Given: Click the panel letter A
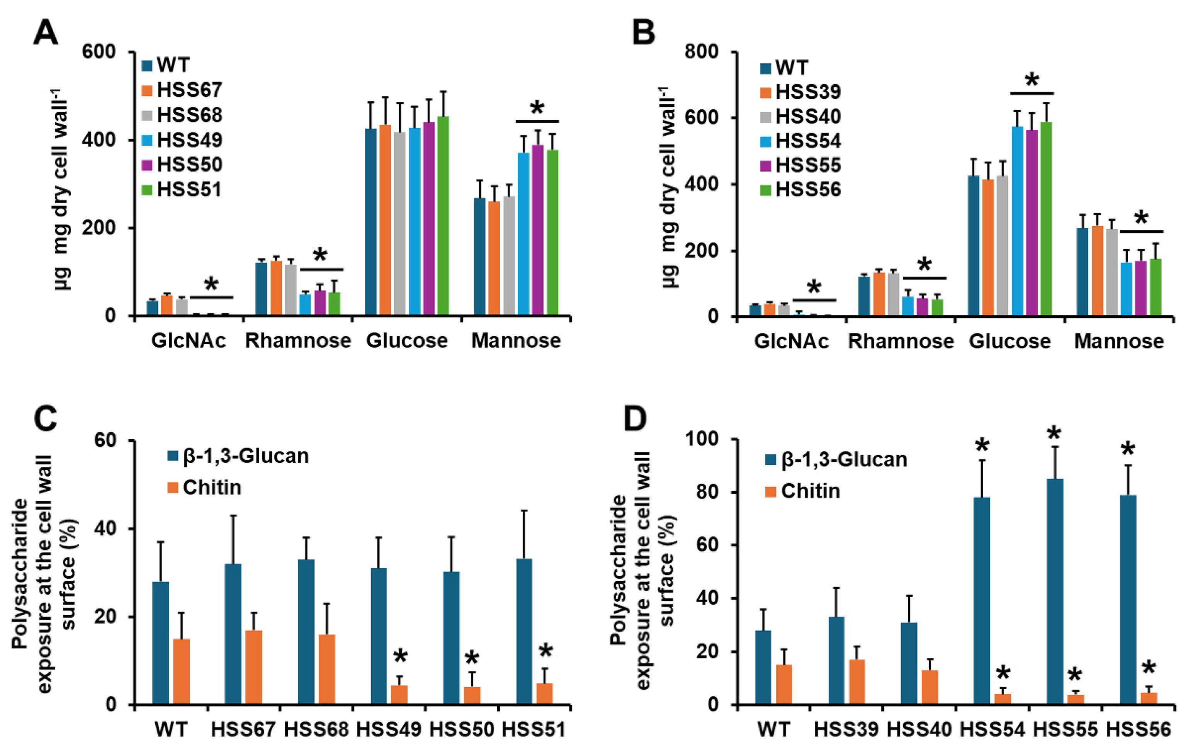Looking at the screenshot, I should click(x=46, y=34).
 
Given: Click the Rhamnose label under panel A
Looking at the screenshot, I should click(x=298, y=341).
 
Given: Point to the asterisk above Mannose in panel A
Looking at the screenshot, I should click(x=537, y=109).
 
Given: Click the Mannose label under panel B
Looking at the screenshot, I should click(x=1119, y=341).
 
